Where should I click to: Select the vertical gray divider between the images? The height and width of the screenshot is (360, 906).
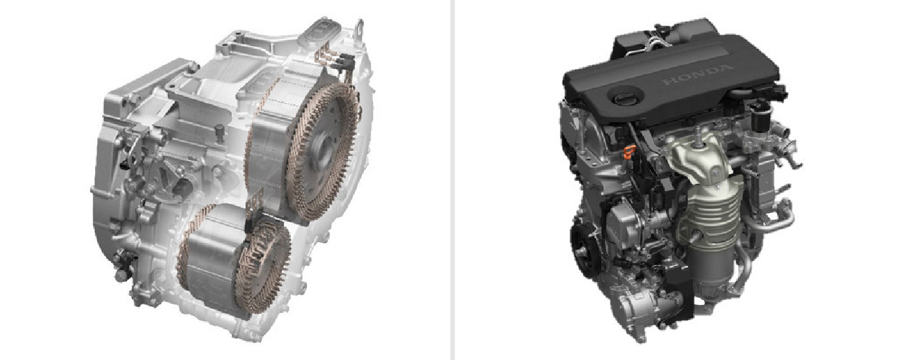452,180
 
